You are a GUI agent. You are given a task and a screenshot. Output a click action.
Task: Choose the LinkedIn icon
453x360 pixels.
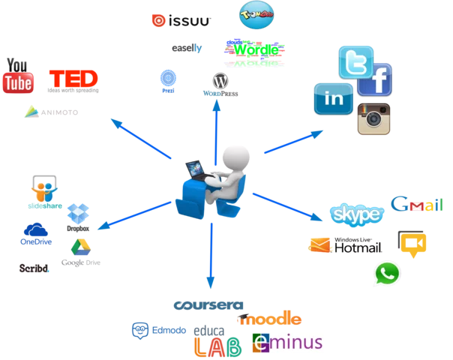[x=333, y=98]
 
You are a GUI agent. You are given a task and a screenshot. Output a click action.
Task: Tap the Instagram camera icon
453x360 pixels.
[x=373, y=119]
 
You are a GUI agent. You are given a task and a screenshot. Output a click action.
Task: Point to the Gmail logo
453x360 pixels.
[x=417, y=205]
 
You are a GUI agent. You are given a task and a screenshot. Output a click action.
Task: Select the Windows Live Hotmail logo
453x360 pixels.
[x=346, y=244]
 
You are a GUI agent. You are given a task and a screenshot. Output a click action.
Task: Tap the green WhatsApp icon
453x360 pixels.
[x=386, y=274]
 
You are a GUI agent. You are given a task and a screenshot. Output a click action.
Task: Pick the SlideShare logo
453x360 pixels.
[x=44, y=192]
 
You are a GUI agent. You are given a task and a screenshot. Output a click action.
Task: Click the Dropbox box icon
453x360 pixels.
[x=78, y=214]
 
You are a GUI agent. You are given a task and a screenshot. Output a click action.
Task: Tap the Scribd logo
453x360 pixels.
[x=35, y=267]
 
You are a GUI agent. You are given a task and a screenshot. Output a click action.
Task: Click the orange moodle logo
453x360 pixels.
[x=270, y=319]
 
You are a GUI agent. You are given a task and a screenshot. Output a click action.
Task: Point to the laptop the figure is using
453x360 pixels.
[x=196, y=169]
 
